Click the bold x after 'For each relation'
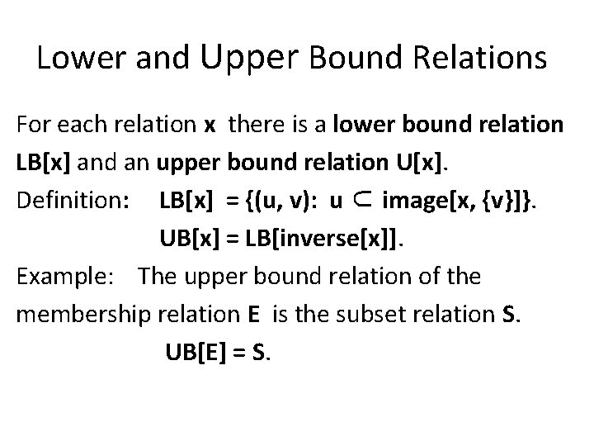[210, 126]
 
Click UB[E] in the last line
[196, 351]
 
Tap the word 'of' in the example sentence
[432, 275]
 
